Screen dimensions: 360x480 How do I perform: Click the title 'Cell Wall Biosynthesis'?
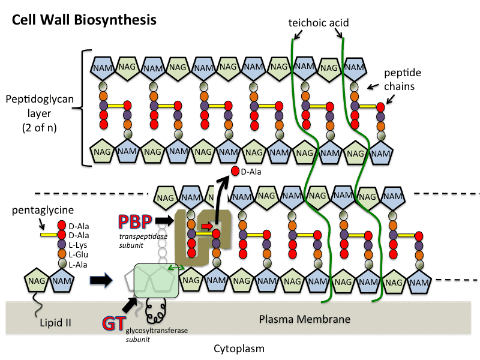(84, 20)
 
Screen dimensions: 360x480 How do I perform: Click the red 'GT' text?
(111, 325)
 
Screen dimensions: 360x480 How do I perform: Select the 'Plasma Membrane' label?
(304, 318)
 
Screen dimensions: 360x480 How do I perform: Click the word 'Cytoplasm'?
(239, 348)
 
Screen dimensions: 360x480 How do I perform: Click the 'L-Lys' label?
(80, 244)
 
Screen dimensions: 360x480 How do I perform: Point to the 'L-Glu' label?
(80, 254)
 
